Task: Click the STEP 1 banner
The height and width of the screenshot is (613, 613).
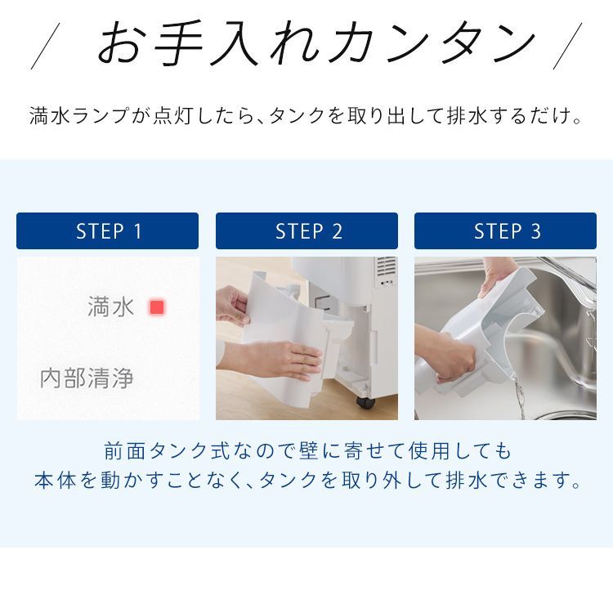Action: coord(107,231)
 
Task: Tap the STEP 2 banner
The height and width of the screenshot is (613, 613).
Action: coord(306,231)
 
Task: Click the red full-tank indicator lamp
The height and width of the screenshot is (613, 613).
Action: coord(157,307)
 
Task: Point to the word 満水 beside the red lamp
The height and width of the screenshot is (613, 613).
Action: coord(111,307)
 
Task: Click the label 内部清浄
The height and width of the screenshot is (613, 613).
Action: coord(87,378)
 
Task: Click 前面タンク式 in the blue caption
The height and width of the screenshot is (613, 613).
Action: coord(176,450)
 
